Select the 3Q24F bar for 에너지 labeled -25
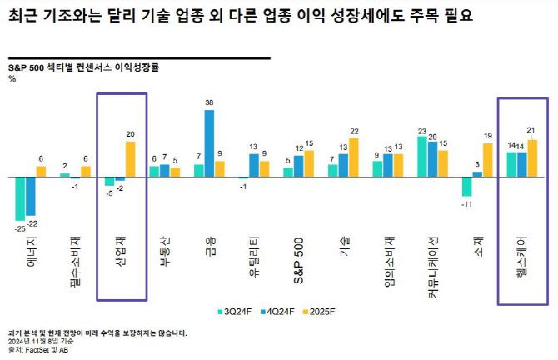pyautogui.click(x=20, y=198)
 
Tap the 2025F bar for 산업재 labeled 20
pyautogui.click(x=130, y=159)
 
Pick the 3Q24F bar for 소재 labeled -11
pyautogui.click(x=467, y=187)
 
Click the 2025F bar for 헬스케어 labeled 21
pyautogui.click(x=532, y=158)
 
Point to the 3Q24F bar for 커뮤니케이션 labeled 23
pyautogui.click(x=422, y=157)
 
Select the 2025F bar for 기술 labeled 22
pyautogui.click(x=354, y=157)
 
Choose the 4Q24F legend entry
pyautogui.click(x=272, y=311)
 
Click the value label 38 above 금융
pyautogui.click(x=209, y=102)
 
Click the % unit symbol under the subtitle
pyautogui.click(x=12, y=78)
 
